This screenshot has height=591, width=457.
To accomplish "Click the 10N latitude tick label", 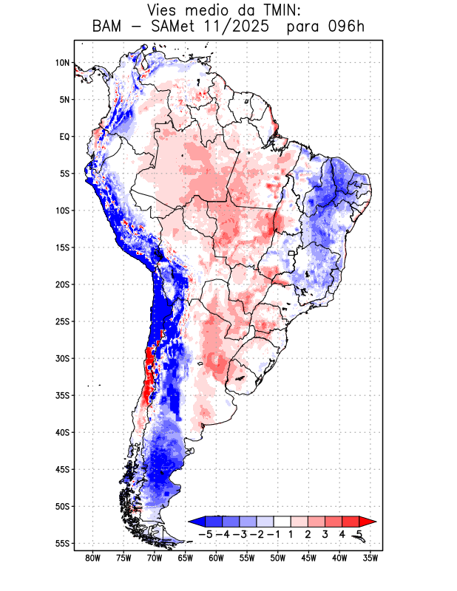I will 62,63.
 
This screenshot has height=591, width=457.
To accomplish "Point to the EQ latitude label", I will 64,137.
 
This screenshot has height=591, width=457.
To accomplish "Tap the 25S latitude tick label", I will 62,321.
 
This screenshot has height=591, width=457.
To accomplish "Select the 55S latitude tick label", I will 62,543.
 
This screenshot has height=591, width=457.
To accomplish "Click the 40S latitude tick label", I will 62,432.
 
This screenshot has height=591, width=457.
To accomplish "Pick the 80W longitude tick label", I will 93,558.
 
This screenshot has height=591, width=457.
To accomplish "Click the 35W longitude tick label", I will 370,558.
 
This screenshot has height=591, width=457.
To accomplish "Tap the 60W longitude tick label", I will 216,558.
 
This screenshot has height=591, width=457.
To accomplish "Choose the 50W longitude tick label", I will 278,558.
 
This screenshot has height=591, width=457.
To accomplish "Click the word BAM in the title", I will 109,28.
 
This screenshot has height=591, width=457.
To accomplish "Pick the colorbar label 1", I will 292,534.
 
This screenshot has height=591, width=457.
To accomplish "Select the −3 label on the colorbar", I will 240,534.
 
